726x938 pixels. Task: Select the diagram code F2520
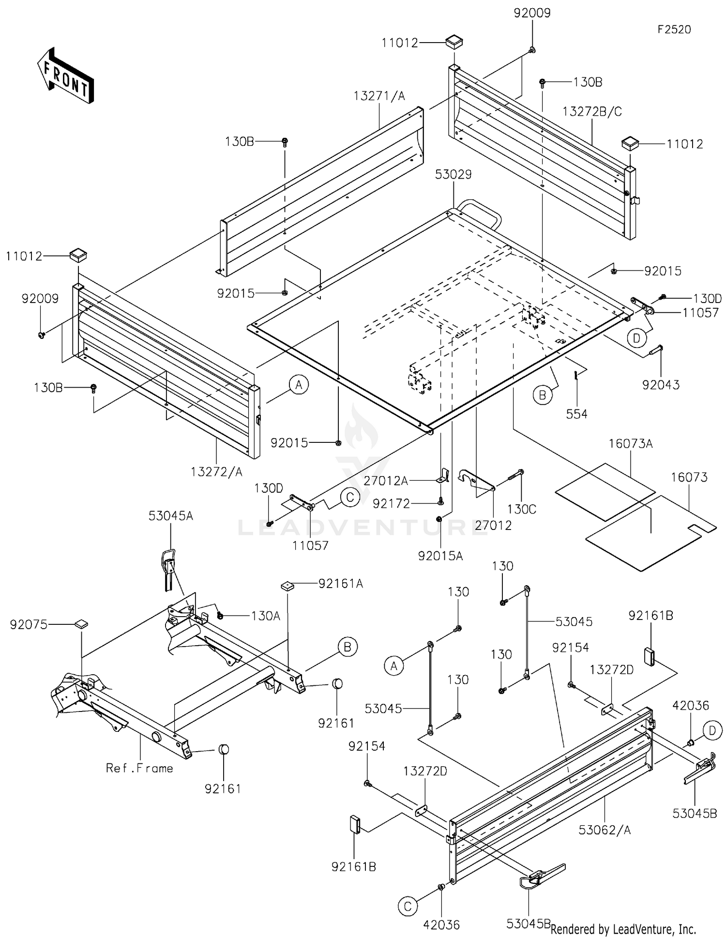tap(674, 30)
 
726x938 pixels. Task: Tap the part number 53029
tap(453, 174)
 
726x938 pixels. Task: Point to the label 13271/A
tap(379, 96)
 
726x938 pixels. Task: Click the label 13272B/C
tap(592, 111)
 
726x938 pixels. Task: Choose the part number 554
tap(577, 414)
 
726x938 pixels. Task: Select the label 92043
tap(661, 385)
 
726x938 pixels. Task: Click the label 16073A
tap(631, 443)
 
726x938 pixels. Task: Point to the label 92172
tap(391, 504)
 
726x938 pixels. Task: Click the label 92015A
tap(440, 556)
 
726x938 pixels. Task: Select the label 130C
tap(522, 509)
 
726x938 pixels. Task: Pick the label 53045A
tap(171, 516)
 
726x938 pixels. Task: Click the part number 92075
tap(29, 625)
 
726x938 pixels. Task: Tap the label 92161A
tap(341, 584)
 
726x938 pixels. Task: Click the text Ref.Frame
tap(139, 768)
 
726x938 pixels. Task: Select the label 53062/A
tap(605, 830)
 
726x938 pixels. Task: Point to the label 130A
tap(266, 616)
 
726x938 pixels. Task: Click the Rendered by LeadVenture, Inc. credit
tap(623, 929)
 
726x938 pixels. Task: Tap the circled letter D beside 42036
tap(712, 730)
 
